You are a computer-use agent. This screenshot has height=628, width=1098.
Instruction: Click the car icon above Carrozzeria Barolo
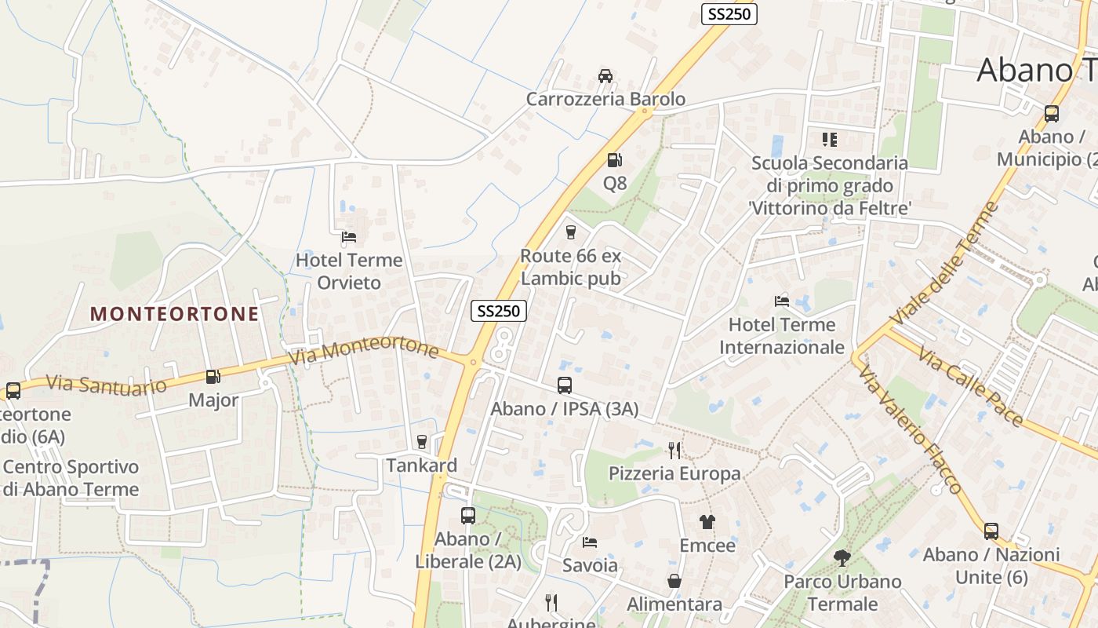click(605, 76)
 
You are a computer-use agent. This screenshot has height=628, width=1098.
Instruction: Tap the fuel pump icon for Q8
click(614, 160)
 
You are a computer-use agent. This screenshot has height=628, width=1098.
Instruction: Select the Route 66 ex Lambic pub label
click(570, 267)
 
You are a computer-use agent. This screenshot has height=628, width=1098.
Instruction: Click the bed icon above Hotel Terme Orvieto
click(349, 236)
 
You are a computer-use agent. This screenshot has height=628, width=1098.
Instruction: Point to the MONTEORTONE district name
click(174, 314)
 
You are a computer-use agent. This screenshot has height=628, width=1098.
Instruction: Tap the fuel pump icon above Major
click(213, 377)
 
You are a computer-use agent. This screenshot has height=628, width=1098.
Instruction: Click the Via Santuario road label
click(106, 385)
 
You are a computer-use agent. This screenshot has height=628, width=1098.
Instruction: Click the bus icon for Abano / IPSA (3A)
click(565, 385)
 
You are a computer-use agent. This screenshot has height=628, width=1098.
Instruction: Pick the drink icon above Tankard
click(422, 441)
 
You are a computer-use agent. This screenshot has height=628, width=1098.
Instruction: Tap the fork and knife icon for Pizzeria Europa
click(674, 450)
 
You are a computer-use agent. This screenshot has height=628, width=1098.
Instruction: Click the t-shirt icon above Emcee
click(707, 522)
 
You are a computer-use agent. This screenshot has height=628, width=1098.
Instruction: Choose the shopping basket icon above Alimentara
click(674, 581)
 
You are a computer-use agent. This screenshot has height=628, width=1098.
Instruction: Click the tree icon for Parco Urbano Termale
click(842, 558)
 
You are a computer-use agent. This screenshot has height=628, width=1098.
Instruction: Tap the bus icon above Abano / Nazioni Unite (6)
click(991, 531)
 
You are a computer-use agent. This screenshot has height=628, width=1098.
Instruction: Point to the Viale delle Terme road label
click(947, 263)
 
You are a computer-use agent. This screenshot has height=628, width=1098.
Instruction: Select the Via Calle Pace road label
click(970, 389)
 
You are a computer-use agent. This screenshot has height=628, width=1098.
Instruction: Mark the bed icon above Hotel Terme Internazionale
click(782, 301)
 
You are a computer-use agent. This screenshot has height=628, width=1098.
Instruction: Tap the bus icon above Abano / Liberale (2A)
click(468, 516)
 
